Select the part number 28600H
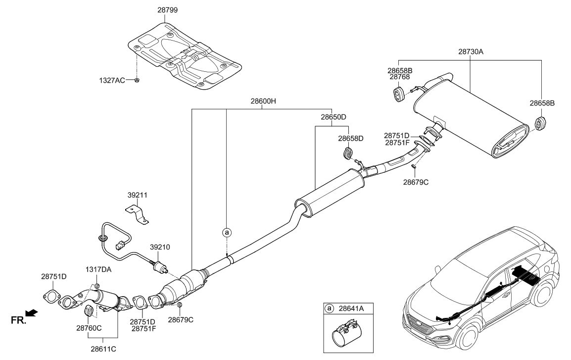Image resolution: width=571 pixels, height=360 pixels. pos(263,101)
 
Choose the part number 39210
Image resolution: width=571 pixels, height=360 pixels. pos(160,247)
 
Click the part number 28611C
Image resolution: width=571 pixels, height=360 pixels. pos(102,348)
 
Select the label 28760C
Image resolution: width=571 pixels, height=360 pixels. pos(89,328)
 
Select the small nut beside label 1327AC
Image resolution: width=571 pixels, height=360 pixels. pos(137,80)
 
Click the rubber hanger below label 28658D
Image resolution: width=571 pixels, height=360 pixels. pos(348,154)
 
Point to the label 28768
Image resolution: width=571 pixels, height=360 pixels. pos(399,77)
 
